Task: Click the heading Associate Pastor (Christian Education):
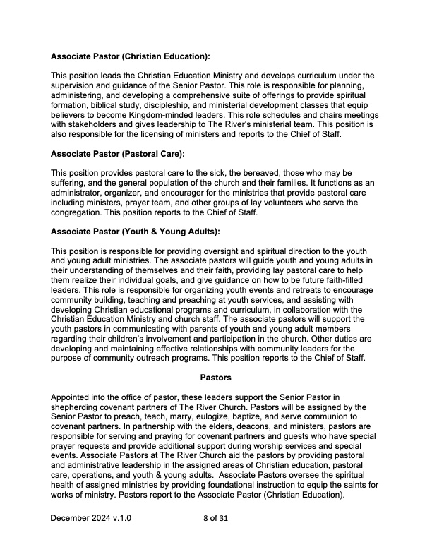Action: coord(131,54)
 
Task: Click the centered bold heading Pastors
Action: coord(215,378)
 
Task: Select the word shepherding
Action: coord(80,407)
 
